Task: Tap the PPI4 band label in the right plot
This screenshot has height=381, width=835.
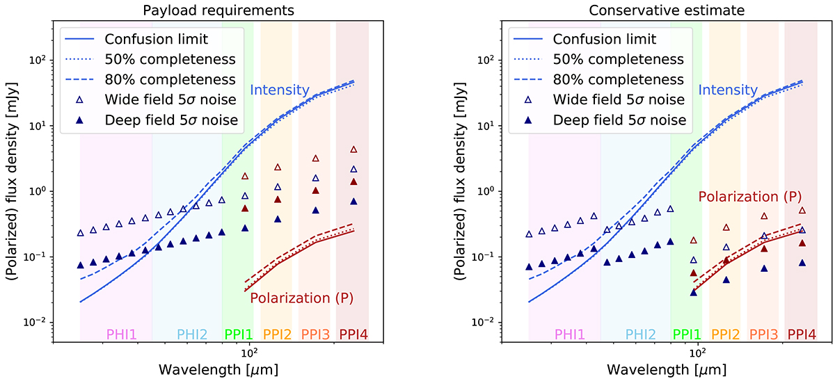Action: tap(802, 334)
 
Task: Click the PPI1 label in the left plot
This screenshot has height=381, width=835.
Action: tap(239, 334)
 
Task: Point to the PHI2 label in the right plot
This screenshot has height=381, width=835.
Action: tap(641, 334)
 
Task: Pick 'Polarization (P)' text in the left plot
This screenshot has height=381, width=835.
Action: tap(302, 298)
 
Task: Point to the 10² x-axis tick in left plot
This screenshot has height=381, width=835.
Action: tap(250, 350)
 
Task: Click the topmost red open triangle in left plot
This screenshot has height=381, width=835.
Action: tap(353, 149)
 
